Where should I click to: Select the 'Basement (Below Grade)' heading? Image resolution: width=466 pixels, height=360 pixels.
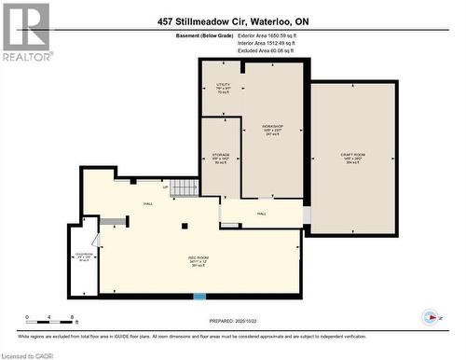179,35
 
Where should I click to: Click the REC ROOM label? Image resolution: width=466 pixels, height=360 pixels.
199,259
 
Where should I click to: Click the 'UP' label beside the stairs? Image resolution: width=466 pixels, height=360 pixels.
166,187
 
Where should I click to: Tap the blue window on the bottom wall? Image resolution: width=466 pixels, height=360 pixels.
199,297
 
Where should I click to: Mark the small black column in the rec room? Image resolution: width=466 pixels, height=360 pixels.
185,226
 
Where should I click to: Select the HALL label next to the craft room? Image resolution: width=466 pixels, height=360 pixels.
262,214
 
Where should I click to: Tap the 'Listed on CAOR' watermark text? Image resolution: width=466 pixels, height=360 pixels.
28,353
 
